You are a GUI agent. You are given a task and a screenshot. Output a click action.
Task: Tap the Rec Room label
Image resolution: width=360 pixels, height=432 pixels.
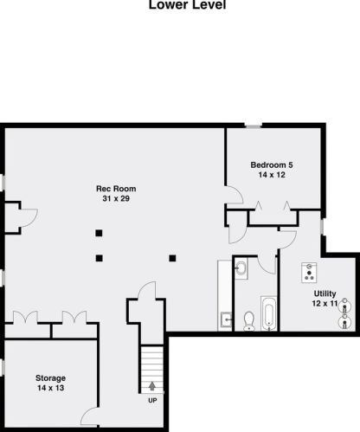[x=115, y=189]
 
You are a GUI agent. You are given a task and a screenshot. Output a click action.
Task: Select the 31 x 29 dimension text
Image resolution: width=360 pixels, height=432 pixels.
[x=115, y=200]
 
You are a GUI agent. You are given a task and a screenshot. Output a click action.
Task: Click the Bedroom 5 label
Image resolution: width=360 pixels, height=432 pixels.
[x=272, y=164]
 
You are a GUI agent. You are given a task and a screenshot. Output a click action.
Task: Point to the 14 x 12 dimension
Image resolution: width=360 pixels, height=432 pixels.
[x=272, y=176]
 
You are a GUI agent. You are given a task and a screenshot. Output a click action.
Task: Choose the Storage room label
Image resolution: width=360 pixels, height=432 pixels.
[x=50, y=378]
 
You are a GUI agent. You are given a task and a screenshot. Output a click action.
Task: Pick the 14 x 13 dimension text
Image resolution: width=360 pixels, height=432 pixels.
[x=50, y=390]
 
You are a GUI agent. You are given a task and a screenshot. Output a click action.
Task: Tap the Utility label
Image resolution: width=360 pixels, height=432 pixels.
[x=325, y=294]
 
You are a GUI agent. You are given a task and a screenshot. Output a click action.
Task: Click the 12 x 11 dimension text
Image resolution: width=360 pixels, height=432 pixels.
[x=325, y=304]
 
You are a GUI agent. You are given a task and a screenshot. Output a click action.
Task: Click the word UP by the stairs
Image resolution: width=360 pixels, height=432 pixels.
[x=152, y=400]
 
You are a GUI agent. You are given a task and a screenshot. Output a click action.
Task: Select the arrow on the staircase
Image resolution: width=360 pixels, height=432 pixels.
[x=152, y=386]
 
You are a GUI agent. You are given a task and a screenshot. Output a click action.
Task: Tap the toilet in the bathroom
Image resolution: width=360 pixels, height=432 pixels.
[x=249, y=319]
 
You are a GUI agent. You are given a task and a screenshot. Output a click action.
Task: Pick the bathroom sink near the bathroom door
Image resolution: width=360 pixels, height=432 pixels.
[x=241, y=269]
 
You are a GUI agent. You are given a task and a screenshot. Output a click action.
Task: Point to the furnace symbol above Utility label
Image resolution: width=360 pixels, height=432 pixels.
[x=307, y=273]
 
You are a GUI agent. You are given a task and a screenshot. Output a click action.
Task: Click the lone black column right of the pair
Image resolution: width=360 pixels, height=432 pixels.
[x=173, y=256]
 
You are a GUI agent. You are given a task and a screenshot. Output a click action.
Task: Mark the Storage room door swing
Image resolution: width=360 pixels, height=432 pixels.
[x=89, y=417]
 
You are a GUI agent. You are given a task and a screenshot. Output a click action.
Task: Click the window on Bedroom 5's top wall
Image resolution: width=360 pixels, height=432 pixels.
[x=252, y=127]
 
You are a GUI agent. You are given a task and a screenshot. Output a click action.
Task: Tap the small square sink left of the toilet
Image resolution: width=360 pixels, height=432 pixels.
[x=226, y=317]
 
